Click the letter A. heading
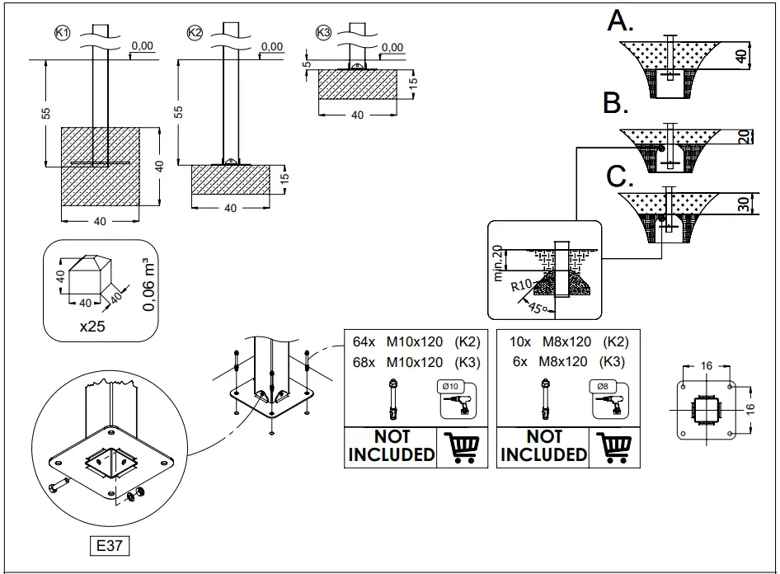click(620, 21)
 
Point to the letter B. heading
click(617, 104)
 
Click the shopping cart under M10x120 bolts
click(462, 447)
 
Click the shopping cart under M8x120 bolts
click(614, 447)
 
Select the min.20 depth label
click(499, 262)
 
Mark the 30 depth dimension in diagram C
click(743, 204)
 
